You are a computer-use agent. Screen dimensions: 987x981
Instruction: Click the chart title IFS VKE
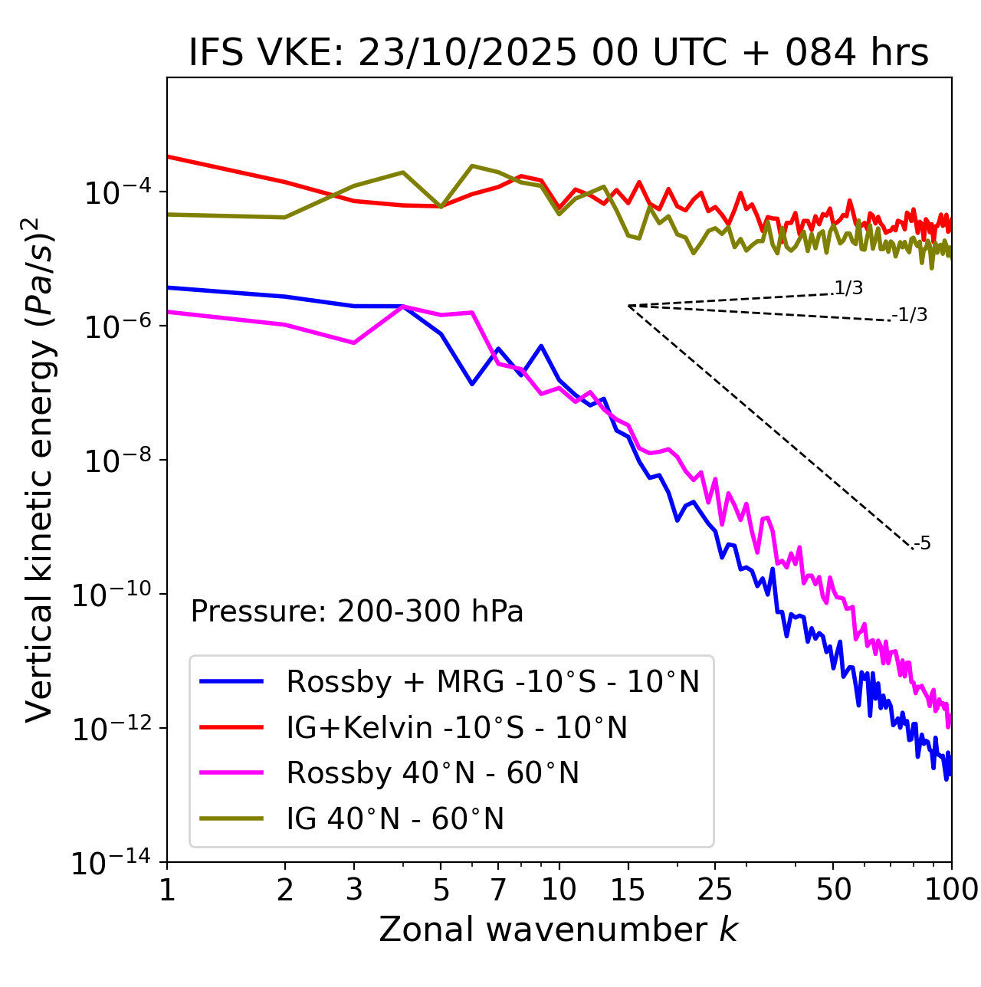[x=559, y=54]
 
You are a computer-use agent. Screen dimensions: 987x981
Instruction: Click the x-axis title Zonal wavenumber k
[x=559, y=929]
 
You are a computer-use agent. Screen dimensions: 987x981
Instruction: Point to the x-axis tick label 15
[x=628, y=889]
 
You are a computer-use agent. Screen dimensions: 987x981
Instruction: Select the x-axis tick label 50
[x=834, y=889]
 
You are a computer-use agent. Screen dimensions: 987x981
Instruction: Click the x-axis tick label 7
[x=498, y=889]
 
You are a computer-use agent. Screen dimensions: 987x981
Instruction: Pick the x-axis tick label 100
[x=951, y=889]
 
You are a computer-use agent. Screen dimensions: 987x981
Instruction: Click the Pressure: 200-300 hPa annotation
[x=356, y=612]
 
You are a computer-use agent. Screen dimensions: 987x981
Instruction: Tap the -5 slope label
[x=923, y=544]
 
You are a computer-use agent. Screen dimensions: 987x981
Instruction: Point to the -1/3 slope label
[x=910, y=315]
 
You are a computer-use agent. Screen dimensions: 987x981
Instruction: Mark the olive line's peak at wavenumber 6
[x=472, y=166]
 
